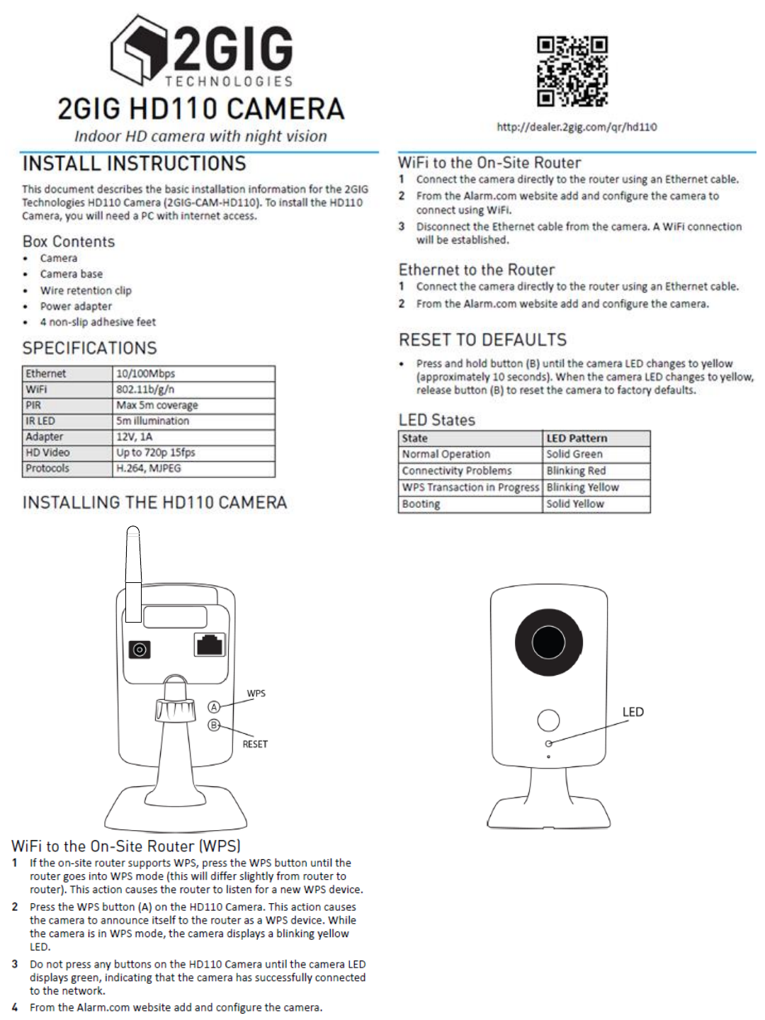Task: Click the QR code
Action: pyautogui.click(x=572, y=71)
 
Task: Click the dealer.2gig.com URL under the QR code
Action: pyautogui.click(x=577, y=127)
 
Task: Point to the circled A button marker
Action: pyautogui.click(x=214, y=707)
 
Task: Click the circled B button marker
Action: pyautogui.click(x=214, y=725)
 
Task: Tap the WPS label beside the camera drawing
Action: pyautogui.click(x=256, y=693)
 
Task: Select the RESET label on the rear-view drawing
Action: pyautogui.click(x=255, y=744)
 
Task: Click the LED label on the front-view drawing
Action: pyautogui.click(x=633, y=712)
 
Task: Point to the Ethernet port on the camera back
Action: pyautogui.click(x=210, y=645)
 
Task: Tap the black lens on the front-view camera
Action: pyautogui.click(x=548, y=642)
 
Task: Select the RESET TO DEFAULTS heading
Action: pyautogui.click(x=482, y=340)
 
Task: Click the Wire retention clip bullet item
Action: pyautogui.click(x=86, y=290)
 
